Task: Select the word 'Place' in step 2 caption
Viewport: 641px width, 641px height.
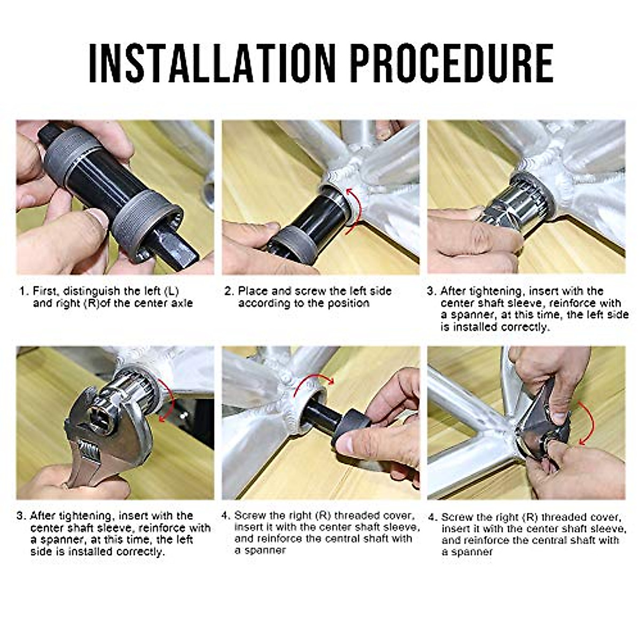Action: click(253, 292)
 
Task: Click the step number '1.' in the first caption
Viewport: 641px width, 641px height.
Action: click(24, 292)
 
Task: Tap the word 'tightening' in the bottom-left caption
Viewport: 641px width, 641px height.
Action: click(85, 516)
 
